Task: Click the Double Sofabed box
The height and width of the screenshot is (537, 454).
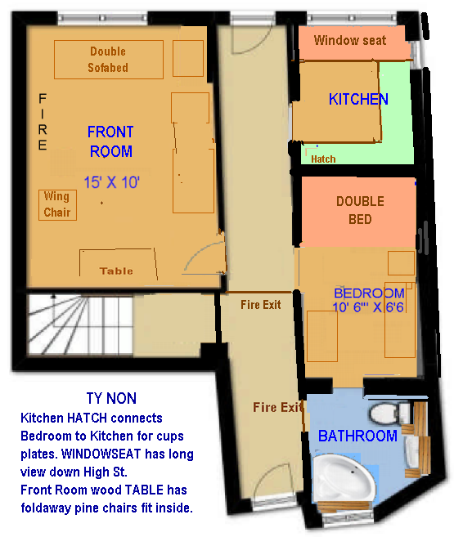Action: click(x=109, y=60)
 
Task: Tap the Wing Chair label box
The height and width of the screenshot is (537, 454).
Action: click(x=57, y=205)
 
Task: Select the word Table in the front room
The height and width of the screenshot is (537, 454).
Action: click(x=116, y=271)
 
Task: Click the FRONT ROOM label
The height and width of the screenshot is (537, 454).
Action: click(x=110, y=141)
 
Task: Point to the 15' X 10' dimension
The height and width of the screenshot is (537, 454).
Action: click(x=112, y=182)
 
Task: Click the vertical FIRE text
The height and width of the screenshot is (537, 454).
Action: click(x=43, y=122)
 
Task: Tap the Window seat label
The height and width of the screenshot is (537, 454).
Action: click(x=350, y=40)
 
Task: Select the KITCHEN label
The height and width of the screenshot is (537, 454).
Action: click(x=358, y=100)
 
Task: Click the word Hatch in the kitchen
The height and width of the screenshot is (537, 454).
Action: click(x=323, y=159)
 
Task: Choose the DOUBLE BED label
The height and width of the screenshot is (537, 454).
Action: click(x=360, y=210)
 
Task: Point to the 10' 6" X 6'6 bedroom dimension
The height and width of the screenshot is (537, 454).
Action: click(x=368, y=307)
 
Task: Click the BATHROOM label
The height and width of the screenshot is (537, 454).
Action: click(x=357, y=436)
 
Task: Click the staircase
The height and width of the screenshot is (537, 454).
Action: click(x=80, y=324)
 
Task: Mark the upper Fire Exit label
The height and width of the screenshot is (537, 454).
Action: click(x=260, y=304)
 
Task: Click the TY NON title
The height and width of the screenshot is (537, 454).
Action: click(x=111, y=398)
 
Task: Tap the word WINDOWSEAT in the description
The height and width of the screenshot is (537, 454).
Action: click(x=101, y=454)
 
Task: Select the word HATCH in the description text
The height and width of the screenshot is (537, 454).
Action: click(x=87, y=418)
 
